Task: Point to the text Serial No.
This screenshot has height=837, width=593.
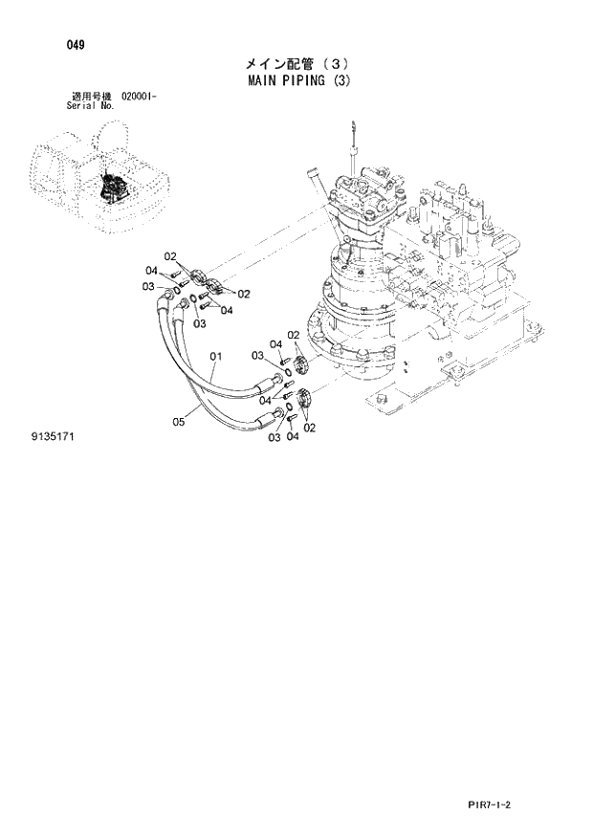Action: click(x=91, y=106)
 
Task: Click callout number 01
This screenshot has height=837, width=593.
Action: click(x=216, y=357)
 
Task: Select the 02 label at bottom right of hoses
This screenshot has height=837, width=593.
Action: click(x=309, y=428)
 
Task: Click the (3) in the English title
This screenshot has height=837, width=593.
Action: click(x=340, y=81)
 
